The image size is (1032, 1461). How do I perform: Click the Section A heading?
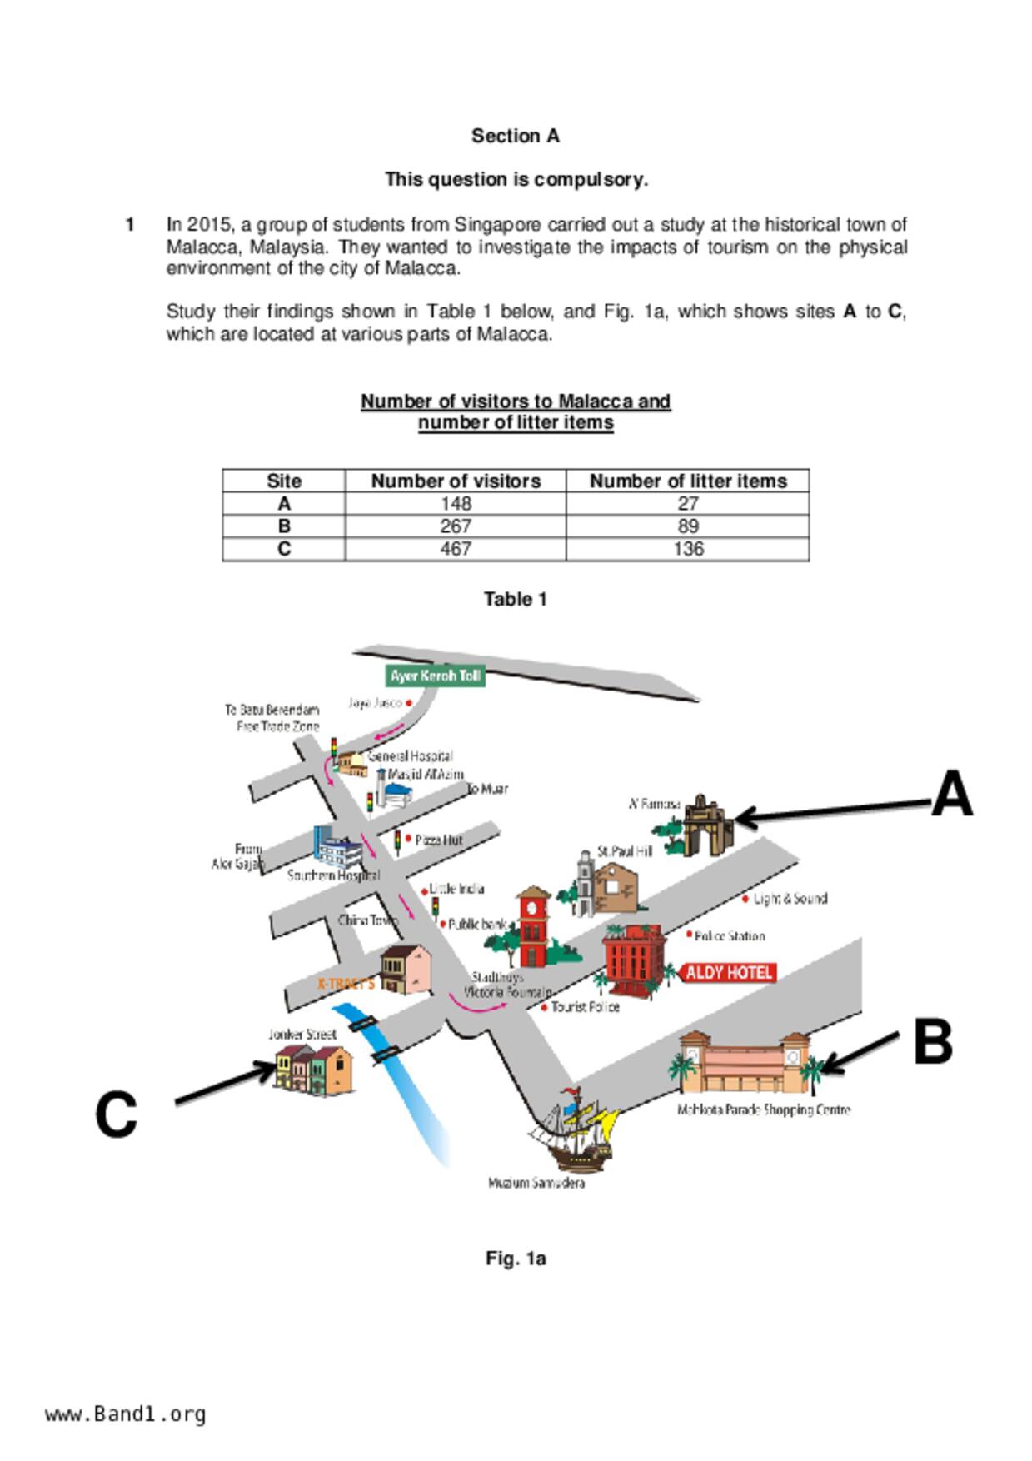pos(515,136)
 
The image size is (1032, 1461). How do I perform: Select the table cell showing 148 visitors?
pos(456,503)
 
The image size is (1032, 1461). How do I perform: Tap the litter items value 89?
pos(688,526)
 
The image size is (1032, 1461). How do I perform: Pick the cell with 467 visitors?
pos(456,549)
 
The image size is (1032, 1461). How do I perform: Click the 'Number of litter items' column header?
pos(688,481)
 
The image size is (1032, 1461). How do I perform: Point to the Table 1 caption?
pos(515,599)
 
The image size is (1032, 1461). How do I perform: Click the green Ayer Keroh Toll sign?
pos(435,676)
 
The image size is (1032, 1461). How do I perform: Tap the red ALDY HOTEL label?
pos(729,972)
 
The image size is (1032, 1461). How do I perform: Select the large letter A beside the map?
pos(951,795)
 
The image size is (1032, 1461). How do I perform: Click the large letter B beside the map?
pos(933,1041)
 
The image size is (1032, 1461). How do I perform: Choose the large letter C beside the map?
pos(116,1114)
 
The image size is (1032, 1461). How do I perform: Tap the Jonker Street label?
pos(302,1035)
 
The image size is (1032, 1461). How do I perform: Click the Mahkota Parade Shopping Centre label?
pos(763,1109)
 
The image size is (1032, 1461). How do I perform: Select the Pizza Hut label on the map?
pos(438,840)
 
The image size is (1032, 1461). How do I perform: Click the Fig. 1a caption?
pos(515,1258)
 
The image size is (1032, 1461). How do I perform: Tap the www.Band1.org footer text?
pos(126,1414)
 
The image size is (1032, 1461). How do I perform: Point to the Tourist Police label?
pos(585,1007)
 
